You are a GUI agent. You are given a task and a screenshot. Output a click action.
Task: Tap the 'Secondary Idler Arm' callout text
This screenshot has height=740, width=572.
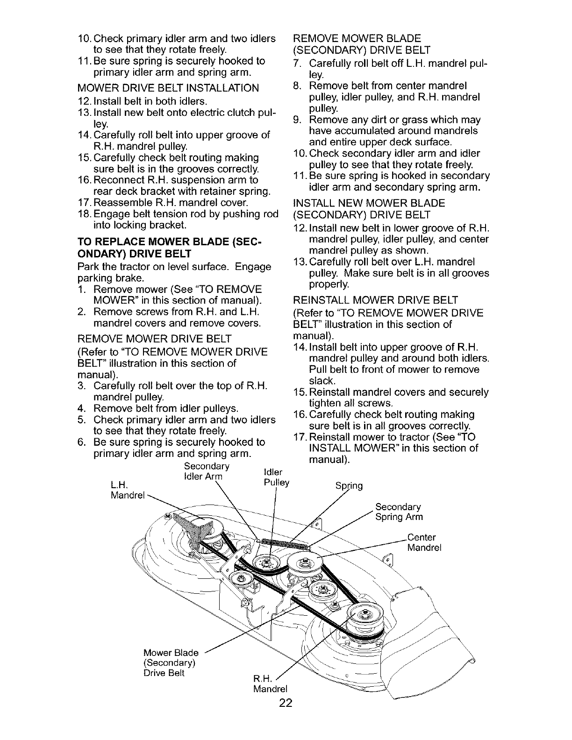206,472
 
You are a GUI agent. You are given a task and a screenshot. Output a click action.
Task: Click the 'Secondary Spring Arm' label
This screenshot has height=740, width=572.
399,512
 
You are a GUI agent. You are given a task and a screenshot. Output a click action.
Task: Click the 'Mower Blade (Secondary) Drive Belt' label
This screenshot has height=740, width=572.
171,662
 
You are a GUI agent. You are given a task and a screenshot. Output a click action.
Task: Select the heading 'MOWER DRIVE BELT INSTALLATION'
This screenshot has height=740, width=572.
167,88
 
